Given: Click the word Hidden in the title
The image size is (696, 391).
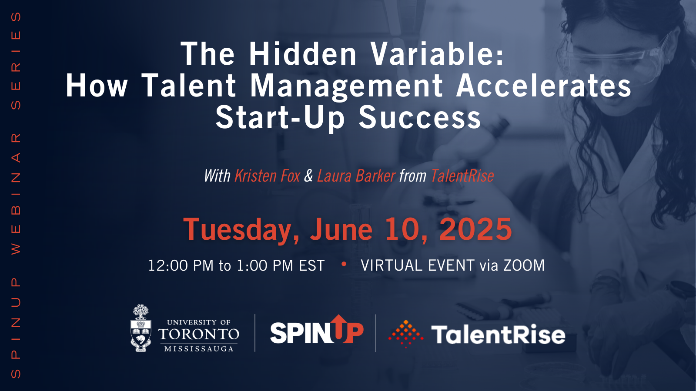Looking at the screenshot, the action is (x=303, y=54).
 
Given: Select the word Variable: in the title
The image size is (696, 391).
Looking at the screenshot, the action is (x=438, y=54).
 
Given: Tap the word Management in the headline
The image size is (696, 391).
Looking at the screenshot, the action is (x=346, y=87).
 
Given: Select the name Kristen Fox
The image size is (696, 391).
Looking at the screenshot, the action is (x=267, y=176).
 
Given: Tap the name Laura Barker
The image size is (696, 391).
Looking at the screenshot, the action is (x=356, y=176).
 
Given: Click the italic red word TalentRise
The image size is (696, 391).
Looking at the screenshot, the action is (x=462, y=176).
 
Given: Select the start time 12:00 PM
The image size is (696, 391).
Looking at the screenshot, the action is (x=181, y=265).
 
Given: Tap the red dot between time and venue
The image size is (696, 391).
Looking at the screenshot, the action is (x=344, y=264).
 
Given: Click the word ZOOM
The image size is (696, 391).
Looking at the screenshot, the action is (x=524, y=265).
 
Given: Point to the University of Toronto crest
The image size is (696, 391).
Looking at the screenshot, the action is (x=141, y=328).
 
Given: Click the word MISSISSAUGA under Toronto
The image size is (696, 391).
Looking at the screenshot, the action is (x=199, y=349).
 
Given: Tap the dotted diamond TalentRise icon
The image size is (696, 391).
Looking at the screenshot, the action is (x=406, y=334).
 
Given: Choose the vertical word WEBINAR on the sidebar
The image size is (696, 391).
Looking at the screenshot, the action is (x=16, y=194).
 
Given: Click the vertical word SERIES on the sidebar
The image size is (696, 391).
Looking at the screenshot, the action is (x=16, y=61).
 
